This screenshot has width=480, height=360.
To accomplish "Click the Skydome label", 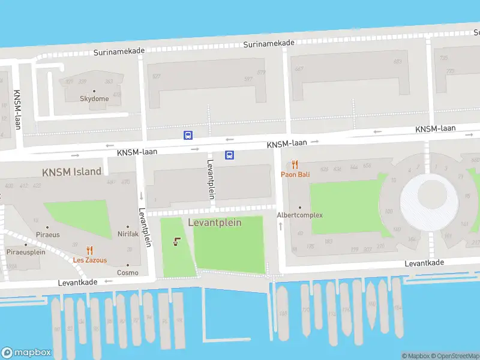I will [x=95, y=98].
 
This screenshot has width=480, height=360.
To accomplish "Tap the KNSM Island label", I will [x=71, y=172].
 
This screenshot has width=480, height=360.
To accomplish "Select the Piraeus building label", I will [x=48, y=234].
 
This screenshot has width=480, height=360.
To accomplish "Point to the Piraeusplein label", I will [x=26, y=252].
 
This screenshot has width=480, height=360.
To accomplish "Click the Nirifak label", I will [x=128, y=234].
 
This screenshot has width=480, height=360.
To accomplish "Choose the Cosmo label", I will [x=128, y=272].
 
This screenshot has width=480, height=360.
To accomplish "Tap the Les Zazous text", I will [x=90, y=260].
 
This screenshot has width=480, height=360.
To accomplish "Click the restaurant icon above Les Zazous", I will [x=90, y=251].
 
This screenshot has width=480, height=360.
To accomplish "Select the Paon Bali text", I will [x=295, y=175].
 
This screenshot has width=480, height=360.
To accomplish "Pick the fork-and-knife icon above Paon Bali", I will [x=295, y=164].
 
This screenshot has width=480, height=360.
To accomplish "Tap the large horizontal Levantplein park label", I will [x=215, y=223].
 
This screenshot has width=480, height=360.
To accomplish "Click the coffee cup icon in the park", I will [x=176, y=242].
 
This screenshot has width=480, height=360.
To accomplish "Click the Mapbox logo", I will [x=26, y=352].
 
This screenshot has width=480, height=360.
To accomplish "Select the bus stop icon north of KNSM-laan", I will [x=188, y=135].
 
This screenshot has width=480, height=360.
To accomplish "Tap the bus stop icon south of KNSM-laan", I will [x=229, y=155].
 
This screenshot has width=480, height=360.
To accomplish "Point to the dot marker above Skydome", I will [x=94, y=91].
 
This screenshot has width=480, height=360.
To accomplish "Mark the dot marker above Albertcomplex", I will [x=300, y=208].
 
